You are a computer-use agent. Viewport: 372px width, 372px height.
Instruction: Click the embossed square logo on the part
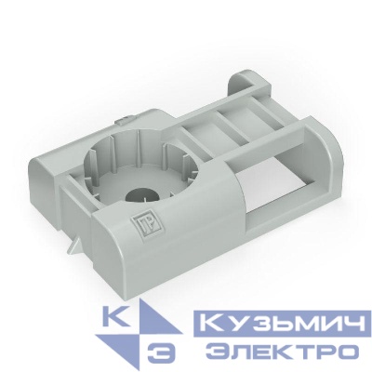142,225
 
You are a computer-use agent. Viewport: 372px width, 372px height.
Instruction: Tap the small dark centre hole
142,197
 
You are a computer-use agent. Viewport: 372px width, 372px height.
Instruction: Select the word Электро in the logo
281,352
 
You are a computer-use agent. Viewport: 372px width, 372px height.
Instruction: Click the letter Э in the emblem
161,353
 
